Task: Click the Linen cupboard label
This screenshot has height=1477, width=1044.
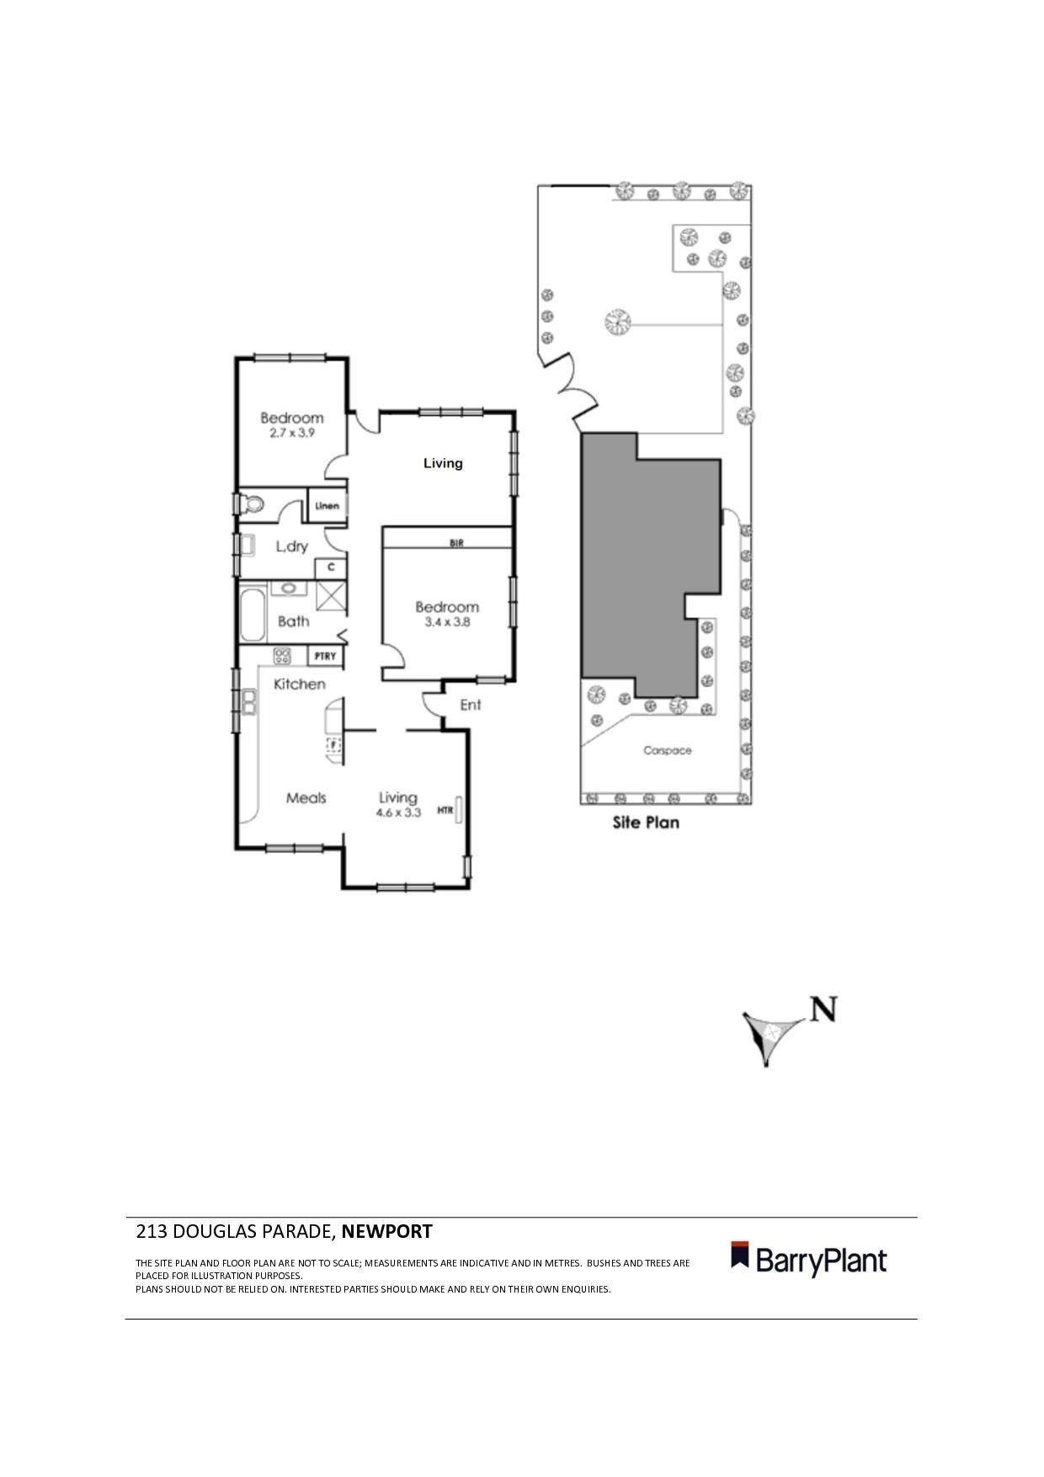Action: pyautogui.click(x=327, y=506)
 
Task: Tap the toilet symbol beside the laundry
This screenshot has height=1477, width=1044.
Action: pyautogui.click(x=252, y=504)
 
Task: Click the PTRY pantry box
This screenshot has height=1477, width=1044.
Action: pyautogui.click(x=325, y=656)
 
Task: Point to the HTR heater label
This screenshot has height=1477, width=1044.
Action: pyautogui.click(x=445, y=811)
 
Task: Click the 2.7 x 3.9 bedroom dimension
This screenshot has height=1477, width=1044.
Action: pyautogui.click(x=291, y=433)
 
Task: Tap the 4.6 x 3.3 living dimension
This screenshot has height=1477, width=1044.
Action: pyautogui.click(x=398, y=813)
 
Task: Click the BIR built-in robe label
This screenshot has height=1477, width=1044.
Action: pyautogui.click(x=455, y=543)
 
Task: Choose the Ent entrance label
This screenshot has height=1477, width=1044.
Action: pyautogui.click(x=470, y=704)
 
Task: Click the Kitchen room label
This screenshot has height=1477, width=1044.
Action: pyautogui.click(x=299, y=684)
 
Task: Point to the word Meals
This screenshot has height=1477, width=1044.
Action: pyautogui.click(x=306, y=797)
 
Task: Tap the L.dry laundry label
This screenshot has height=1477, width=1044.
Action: pyautogui.click(x=291, y=547)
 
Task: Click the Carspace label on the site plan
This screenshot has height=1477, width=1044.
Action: pyautogui.click(x=667, y=750)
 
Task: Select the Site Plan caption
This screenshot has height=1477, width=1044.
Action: pyautogui.click(x=645, y=823)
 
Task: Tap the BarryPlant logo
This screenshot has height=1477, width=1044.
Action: pyautogui.click(x=808, y=1261)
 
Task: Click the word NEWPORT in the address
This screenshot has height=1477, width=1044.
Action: pyautogui.click(x=386, y=1232)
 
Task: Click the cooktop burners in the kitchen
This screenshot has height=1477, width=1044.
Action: pyautogui.click(x=282, y=656)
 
